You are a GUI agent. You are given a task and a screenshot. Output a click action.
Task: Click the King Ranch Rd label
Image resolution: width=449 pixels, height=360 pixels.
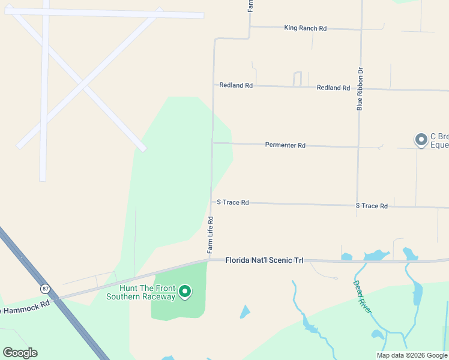coord(305,28)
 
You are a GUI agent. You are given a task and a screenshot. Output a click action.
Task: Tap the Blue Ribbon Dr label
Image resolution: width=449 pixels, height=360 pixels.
coord(360,89)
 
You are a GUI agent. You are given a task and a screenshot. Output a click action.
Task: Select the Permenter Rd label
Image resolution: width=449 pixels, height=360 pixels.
coord(285,145)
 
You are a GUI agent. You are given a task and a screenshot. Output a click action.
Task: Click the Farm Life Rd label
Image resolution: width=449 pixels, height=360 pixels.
coord(210,234)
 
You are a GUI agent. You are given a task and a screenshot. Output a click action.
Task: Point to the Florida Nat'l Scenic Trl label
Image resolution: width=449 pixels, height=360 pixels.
coord(265,260)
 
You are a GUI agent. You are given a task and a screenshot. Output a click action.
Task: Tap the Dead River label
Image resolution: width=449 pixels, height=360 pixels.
coord(362,296)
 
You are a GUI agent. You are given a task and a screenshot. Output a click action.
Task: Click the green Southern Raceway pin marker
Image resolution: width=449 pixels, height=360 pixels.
coord(185,292)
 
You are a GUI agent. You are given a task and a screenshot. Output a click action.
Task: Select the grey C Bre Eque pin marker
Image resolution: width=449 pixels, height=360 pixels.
coord(421,139)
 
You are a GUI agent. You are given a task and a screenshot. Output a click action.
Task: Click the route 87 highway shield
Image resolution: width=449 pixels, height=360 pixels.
coord(45,289)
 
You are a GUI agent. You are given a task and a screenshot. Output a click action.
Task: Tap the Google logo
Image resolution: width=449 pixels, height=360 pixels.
coord(20,352)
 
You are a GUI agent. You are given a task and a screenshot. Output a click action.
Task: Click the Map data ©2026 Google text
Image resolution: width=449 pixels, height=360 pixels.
coord(412,355)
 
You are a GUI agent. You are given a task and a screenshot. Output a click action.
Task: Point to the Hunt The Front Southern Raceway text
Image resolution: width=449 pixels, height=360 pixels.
coord(140,292)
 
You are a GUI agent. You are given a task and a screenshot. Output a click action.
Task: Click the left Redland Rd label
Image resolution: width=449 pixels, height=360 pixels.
coord(236,85)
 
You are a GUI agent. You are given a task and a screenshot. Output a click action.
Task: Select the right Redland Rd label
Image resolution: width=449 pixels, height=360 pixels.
coord(333,88)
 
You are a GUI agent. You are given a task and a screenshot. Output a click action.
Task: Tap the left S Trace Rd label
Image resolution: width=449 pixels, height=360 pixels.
coord(232,202)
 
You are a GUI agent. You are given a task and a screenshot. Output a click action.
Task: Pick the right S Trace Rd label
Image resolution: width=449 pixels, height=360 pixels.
coord(372,206)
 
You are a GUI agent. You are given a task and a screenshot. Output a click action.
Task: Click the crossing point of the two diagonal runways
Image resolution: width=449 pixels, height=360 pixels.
coord(82,80)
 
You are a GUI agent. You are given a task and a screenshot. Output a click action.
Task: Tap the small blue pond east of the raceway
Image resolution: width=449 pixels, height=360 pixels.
coord(244,312)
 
